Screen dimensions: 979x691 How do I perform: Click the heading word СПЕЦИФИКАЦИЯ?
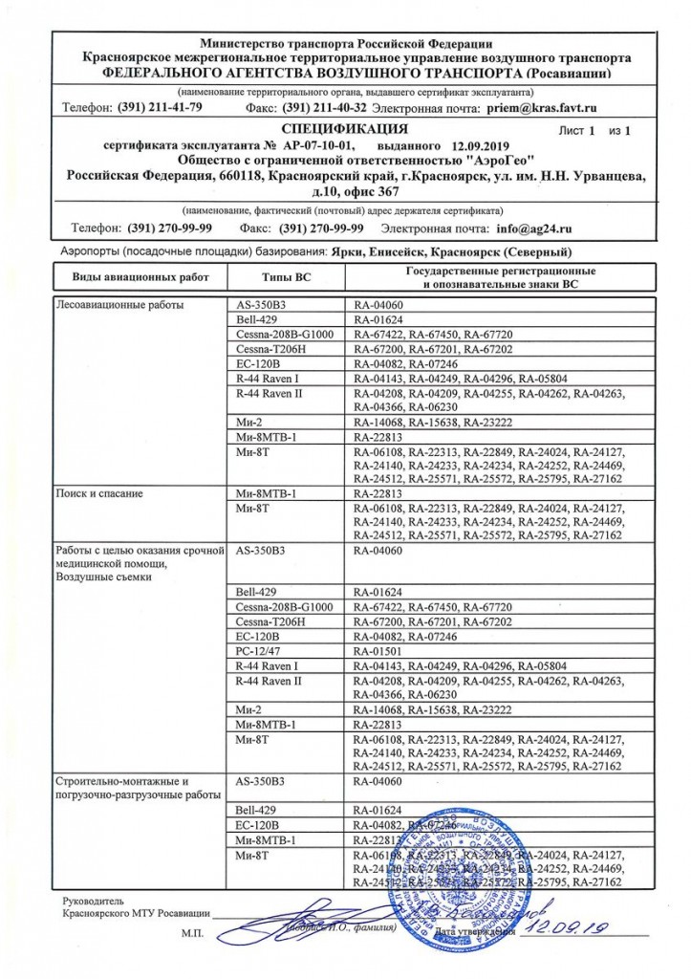click(345, 127)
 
